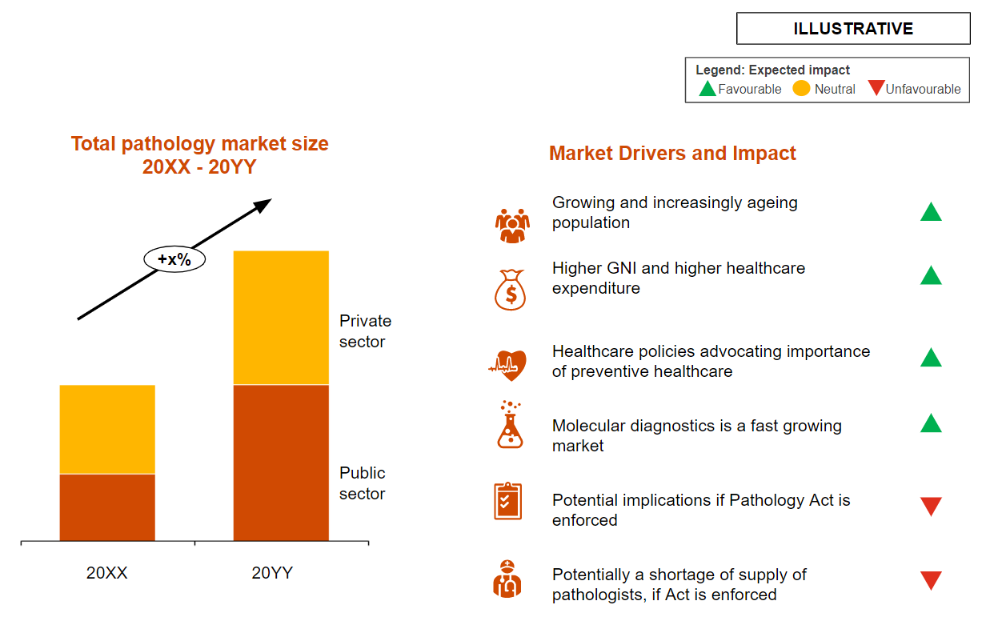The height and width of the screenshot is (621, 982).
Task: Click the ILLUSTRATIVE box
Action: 853,29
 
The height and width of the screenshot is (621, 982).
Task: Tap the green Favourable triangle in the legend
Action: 707,89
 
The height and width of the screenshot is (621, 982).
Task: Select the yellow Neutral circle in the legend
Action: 801,89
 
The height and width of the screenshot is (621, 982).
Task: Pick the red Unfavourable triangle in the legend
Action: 876,88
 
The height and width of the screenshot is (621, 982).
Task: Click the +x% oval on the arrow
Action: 174,259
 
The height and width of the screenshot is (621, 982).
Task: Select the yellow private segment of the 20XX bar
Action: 107,429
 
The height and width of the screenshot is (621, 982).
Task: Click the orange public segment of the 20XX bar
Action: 107,507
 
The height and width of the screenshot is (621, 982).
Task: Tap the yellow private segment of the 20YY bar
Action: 281,318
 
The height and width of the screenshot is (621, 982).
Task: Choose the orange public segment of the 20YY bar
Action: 281,463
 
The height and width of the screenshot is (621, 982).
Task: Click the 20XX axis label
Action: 107,573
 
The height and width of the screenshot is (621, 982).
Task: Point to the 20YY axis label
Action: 272,573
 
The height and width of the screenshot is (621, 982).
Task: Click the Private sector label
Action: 365,331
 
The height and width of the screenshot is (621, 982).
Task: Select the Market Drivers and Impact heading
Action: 672,154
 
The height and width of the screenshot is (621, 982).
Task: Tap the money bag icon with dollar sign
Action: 511,290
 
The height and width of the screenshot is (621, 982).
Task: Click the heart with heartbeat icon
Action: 509,366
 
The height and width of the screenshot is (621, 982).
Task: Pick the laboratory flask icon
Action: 509,426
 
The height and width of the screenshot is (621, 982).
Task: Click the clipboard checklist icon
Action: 507,501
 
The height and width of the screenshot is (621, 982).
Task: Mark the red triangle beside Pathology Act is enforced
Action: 931,506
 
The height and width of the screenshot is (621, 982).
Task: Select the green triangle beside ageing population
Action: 931,213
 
